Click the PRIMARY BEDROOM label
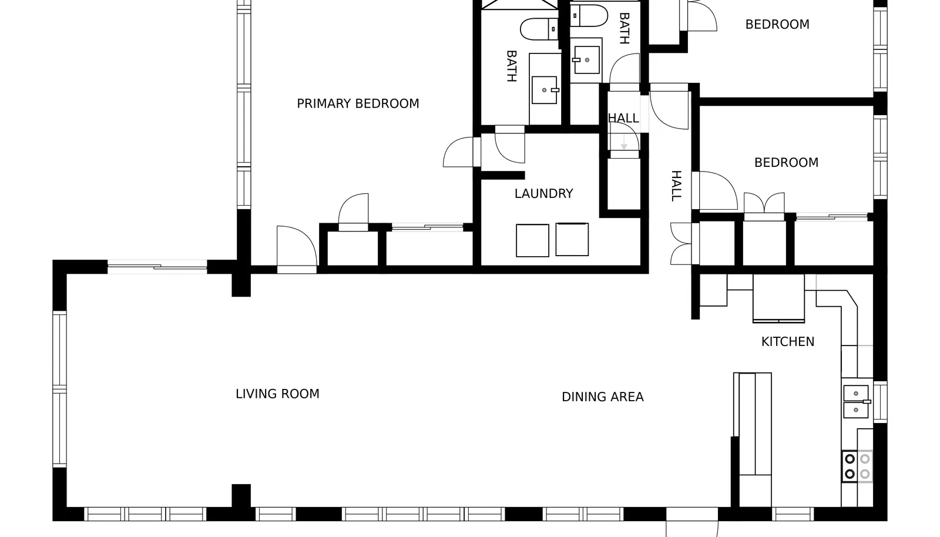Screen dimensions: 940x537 (x=358, y=103)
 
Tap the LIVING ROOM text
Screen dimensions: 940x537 (x=277, y=394)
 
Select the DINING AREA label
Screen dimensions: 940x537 (x=603, y=397)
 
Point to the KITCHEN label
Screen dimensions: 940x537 (x=788, y=342)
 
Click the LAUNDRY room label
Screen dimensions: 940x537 (x=544, y=193)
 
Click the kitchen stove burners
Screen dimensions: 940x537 (x=857, y=466)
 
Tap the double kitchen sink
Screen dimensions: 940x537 (x=857, y=401)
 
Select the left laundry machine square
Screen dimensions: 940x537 (x=532, y=240)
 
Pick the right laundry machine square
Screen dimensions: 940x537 (x=572, y=239)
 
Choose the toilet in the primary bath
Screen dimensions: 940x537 (x=539, y=29)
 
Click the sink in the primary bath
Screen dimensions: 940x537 (x=545, y=90)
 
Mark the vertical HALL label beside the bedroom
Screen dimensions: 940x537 (x=676, y=186)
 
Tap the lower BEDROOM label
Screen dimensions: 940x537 (x=787, y=163)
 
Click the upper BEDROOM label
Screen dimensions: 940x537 (x=777, y=25)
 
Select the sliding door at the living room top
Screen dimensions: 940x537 (x=157, y=267)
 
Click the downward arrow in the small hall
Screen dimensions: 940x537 (x=624, y=142)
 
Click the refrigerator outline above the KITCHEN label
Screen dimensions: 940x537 (x=778, y=298)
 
